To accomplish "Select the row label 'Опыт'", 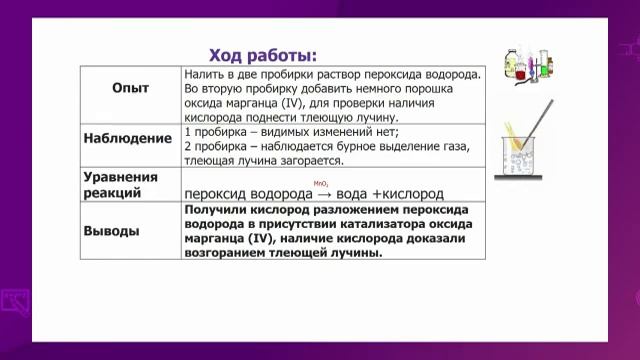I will click(129, 88).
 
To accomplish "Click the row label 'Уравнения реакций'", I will click(119, 183).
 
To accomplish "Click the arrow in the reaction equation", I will click(324, 193).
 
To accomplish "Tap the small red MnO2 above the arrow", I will click(321, 183).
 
